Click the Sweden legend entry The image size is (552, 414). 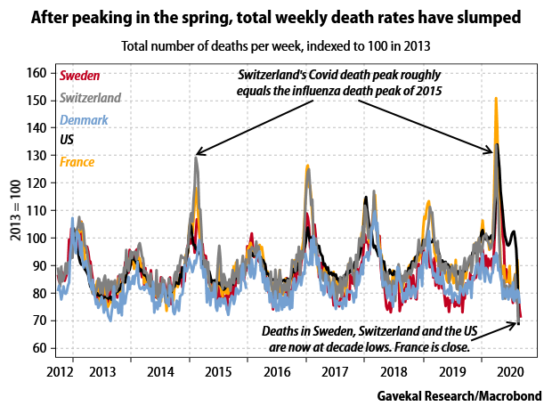[80, 76]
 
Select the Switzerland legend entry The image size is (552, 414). [92, 97]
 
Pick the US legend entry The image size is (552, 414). [67, 140]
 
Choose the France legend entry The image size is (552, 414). [77, 161]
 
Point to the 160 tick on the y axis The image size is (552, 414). [38, 73]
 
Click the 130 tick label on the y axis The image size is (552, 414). [38, 156]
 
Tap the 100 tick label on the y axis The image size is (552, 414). [38, 238]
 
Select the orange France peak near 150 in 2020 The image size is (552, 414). [495, 99]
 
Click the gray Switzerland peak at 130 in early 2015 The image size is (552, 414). [196, 158]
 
